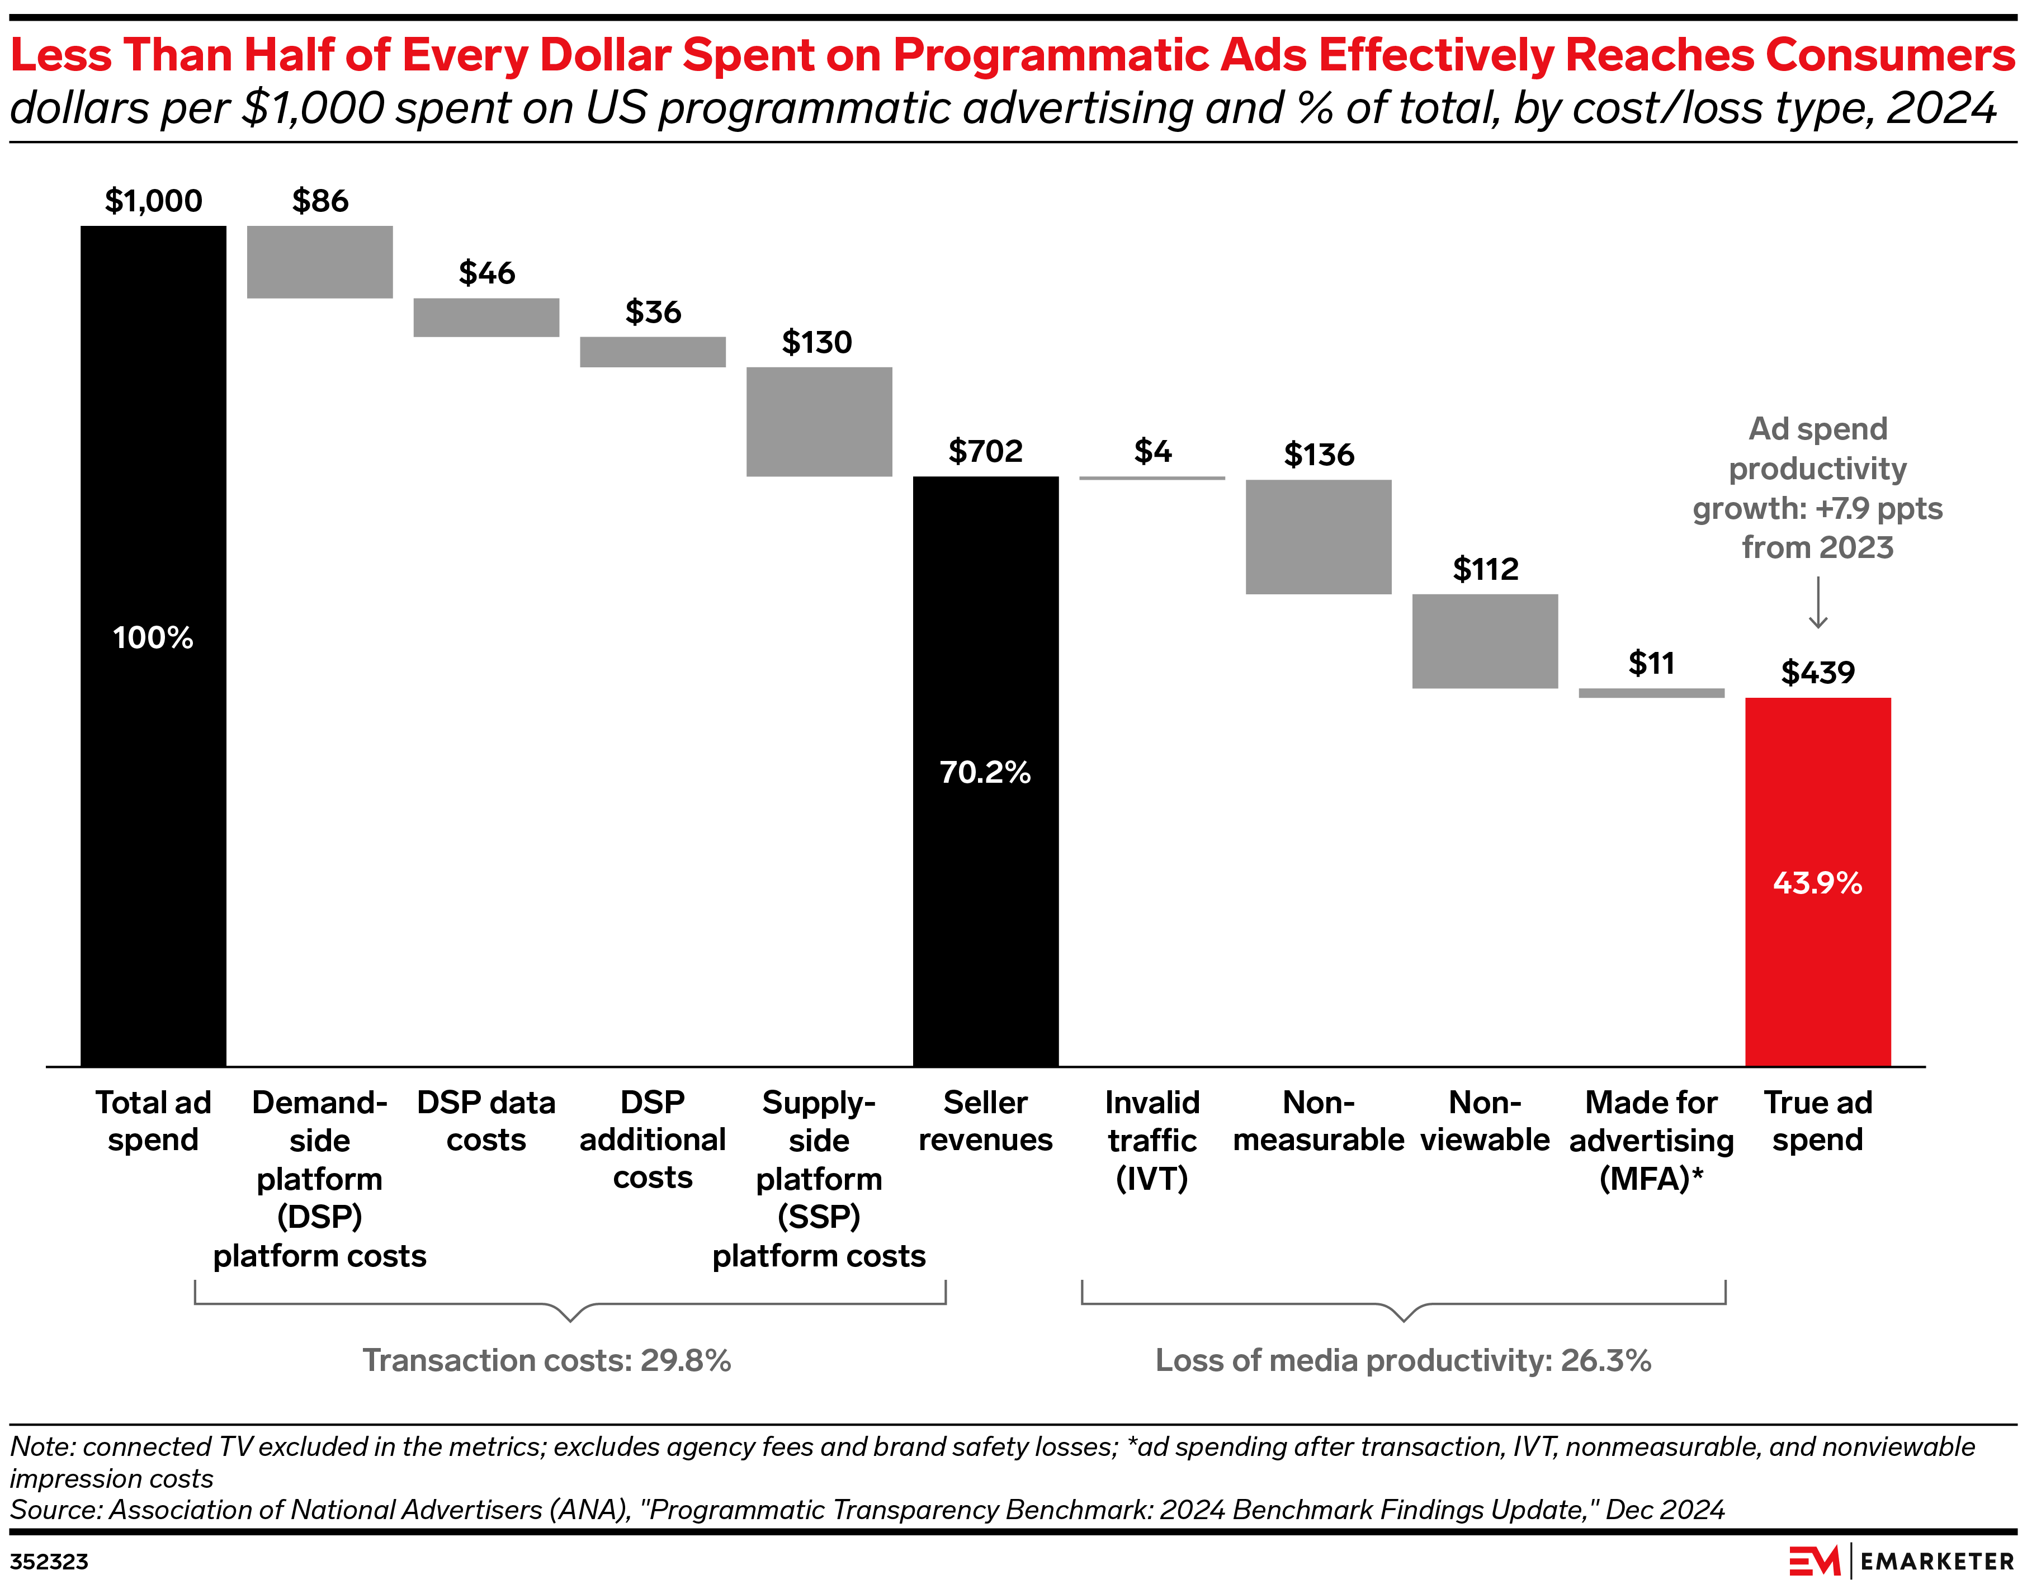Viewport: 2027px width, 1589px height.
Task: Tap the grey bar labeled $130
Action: click(x=819, y=422)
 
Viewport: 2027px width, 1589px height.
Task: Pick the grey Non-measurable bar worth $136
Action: click(x=1318, y=537)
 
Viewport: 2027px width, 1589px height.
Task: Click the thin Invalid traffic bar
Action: click(x=1152, y=478)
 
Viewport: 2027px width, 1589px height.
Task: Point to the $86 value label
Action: click(x=319, y=201)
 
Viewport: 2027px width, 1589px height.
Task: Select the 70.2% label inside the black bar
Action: click(x=985, y=772)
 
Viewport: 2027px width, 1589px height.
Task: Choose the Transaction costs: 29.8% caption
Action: click(x=546, y=1360)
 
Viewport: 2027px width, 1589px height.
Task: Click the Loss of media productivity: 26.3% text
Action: click(x=1403, y=1360)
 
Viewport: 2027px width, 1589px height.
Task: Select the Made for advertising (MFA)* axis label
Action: click(x=1651, y=1141)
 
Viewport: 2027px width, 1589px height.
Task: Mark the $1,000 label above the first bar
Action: click(x=153, y=201)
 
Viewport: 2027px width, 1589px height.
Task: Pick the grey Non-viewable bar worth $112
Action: click(x=1485, y=641)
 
